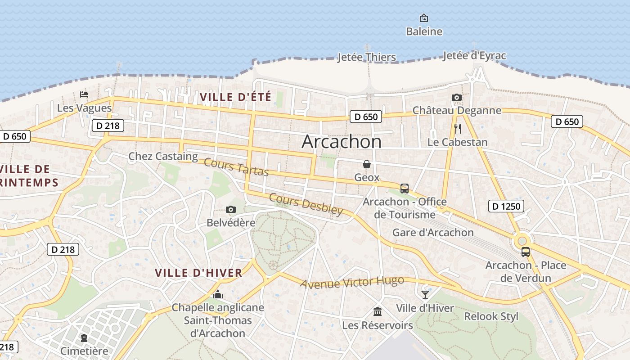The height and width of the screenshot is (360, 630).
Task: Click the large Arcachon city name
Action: (x=342, y=142)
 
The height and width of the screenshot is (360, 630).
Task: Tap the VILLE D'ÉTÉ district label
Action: (x=235, y=97)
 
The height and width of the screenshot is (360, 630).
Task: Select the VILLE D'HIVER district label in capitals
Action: (x=198, y=273)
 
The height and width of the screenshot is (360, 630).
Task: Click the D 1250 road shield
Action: (x=506, y=207)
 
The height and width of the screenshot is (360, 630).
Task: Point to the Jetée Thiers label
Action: (x=367, y=57)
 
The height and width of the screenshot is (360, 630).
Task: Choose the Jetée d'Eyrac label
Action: (x=474, y=56)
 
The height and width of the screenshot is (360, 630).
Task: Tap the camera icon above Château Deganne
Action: (x=457, y=98)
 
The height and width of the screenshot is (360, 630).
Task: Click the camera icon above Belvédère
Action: (x=231, y=210)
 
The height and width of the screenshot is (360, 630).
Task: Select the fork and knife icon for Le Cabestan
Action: (x=458, y=129)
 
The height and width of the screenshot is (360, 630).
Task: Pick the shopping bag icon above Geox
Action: (x=367, y=164)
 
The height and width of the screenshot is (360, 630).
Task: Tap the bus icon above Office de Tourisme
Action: (x=404, y=188)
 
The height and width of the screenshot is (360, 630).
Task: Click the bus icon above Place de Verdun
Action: (x=525, y=252)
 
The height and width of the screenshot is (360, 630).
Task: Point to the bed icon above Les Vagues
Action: (x=84, y=94)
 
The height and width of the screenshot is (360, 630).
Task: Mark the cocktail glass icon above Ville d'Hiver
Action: (x=425, y=295)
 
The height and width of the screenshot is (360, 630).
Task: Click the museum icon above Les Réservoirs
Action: (x=378, y=311)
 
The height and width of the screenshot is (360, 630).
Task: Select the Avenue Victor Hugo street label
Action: (x=352, y=282)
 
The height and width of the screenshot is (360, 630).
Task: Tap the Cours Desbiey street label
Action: (x=306, y=204)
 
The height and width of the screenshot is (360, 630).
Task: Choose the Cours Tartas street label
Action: (x=236, y=167)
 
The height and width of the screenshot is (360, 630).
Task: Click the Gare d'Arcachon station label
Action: (x=433, y=232)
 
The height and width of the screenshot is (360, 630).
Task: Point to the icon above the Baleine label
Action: (x=424, y=18)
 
